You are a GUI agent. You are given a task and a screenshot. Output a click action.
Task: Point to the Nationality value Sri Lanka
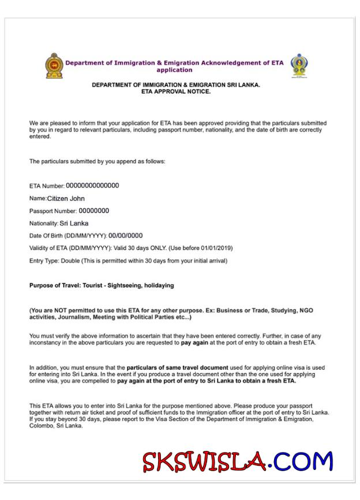74,223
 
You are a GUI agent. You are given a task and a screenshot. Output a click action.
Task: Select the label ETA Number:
47,186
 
